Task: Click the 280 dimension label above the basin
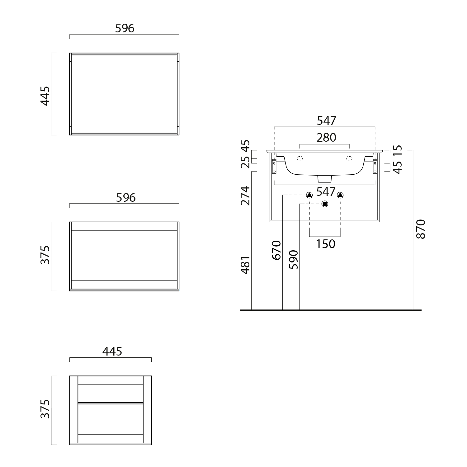coord(326,137)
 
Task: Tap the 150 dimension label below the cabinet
coord(326,244)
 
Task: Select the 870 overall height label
coord(421,229)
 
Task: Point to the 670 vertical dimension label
coord(276,250)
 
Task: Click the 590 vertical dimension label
coord(293,260)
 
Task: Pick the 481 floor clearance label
coord(245,265)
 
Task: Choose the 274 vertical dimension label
coord(245,196)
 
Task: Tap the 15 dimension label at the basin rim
coord(398,150)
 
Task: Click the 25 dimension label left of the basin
coord(245,162)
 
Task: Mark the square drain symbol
coord(325,204)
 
